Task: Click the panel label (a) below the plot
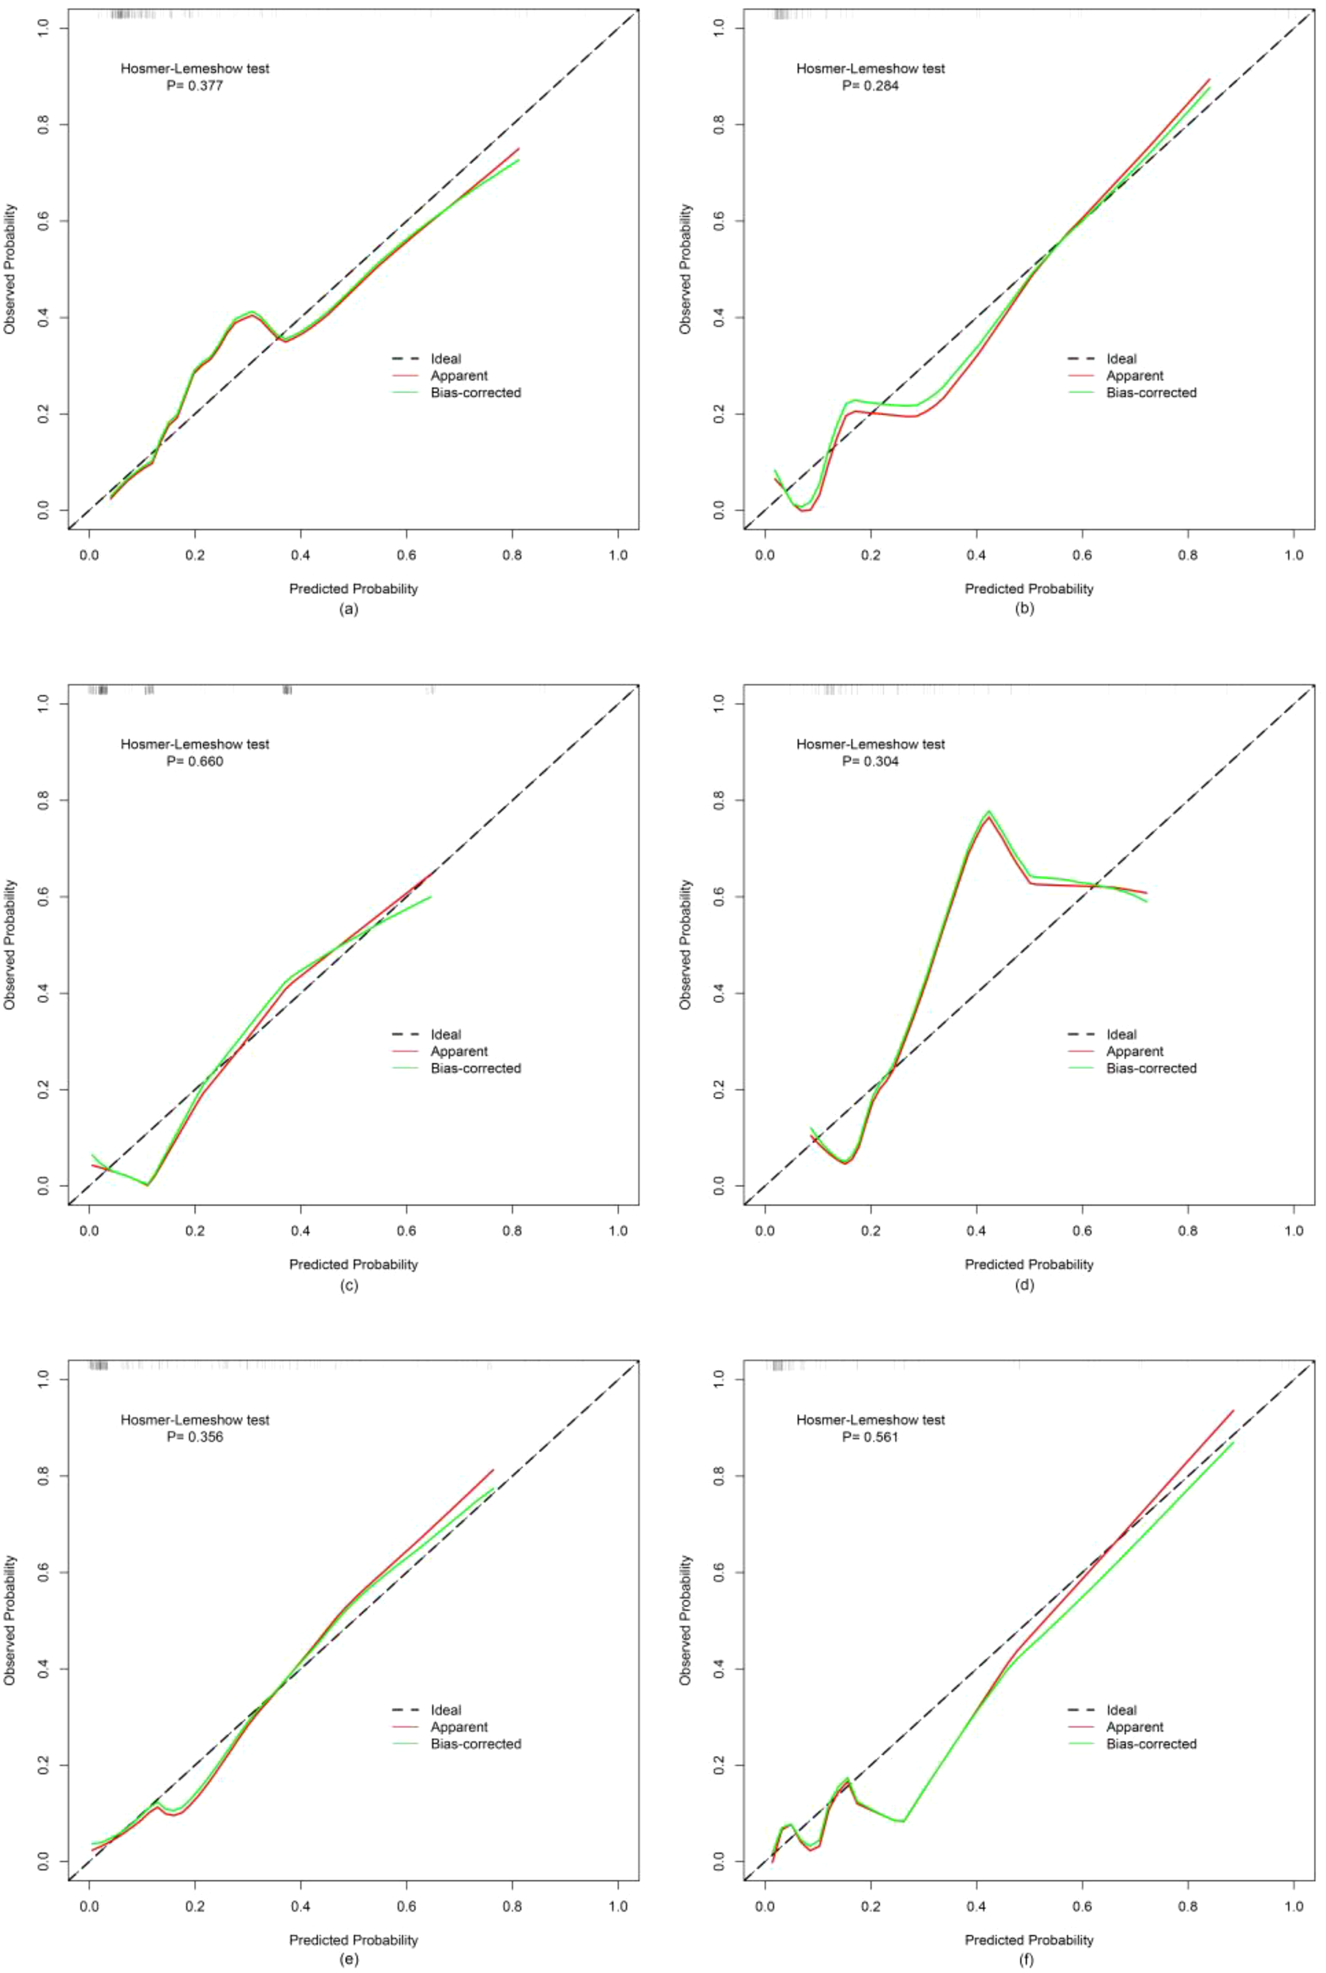[x=348, y=608]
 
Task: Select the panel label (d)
[x=1024, y=1284]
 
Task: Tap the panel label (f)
[x=1024, y=1960]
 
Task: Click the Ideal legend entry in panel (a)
[x=445, y=358]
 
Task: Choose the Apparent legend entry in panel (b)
[x=1134, y=376]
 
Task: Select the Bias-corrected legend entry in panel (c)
[x=475, y=1068]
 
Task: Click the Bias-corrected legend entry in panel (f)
[x=1151, y=1743]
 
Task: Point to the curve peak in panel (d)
[x=987, y=813]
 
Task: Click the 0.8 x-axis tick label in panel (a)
[x=511, y=556]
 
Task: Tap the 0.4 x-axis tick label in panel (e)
[x=300, y=1906]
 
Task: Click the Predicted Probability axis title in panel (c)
[x=354, y=1264]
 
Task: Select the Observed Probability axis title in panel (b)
[x=685, y=269]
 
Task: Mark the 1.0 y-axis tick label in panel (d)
[x=719, y=703]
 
